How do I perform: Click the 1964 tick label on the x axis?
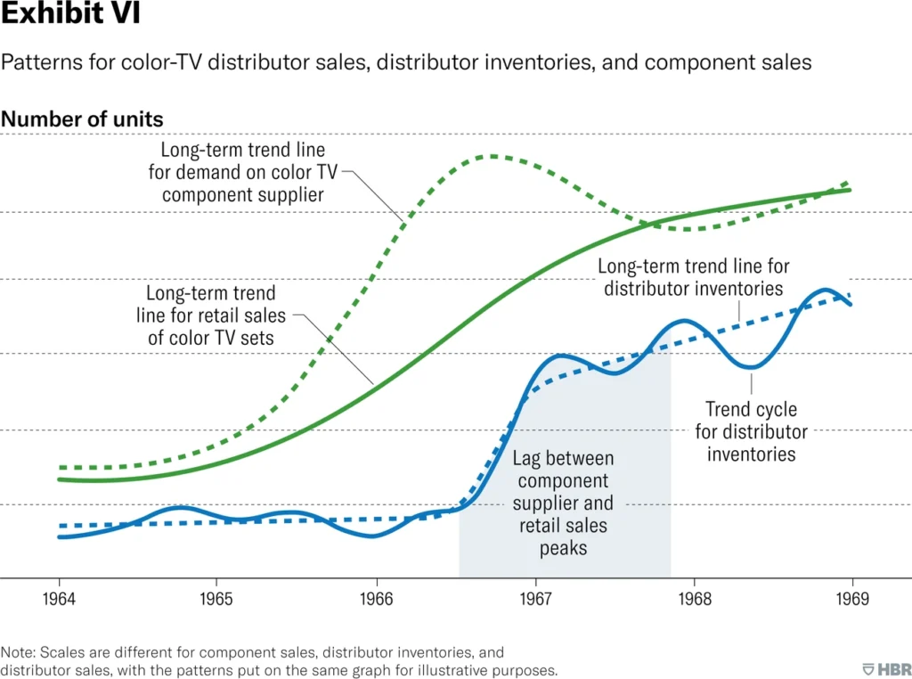click(59, 597)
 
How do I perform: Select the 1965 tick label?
click(217, 597)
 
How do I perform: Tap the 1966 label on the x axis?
click(376, 597)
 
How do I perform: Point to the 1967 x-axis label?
click(535, 597)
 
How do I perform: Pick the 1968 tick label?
click(694, 597)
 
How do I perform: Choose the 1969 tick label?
click(853, 597)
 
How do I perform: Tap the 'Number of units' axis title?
click(82, 119)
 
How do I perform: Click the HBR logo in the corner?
click(886, 668)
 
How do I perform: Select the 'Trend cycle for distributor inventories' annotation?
click(751, 432)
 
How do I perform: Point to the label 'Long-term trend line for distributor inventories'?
click(693, 277)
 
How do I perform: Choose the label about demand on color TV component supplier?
click(242, 172)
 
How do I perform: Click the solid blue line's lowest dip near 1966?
click(373, 536)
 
